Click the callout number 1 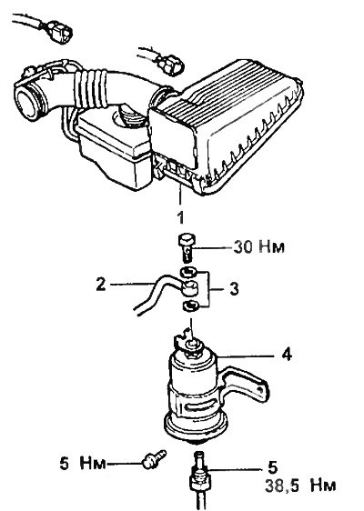click(x=180, y=217)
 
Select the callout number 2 click(x=101, y=285)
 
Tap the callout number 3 click(x=234, y=289)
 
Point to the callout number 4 click(x=287, y=355)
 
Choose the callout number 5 click(x=272, y=467)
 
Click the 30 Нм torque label click(x=259, y=247)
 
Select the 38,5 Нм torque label click(x=300, y=486)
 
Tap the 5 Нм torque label click(x=83, y=464)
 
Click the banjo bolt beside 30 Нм click(x=186, y=246)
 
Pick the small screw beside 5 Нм click(x=155, y=459)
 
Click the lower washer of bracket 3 click(x=189, y=306)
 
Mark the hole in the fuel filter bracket click(x=260, y=390)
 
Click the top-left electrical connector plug click(x=60, y=32)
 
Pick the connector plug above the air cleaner click(x=169, y=64)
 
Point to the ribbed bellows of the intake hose click(x=90, y=90)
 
